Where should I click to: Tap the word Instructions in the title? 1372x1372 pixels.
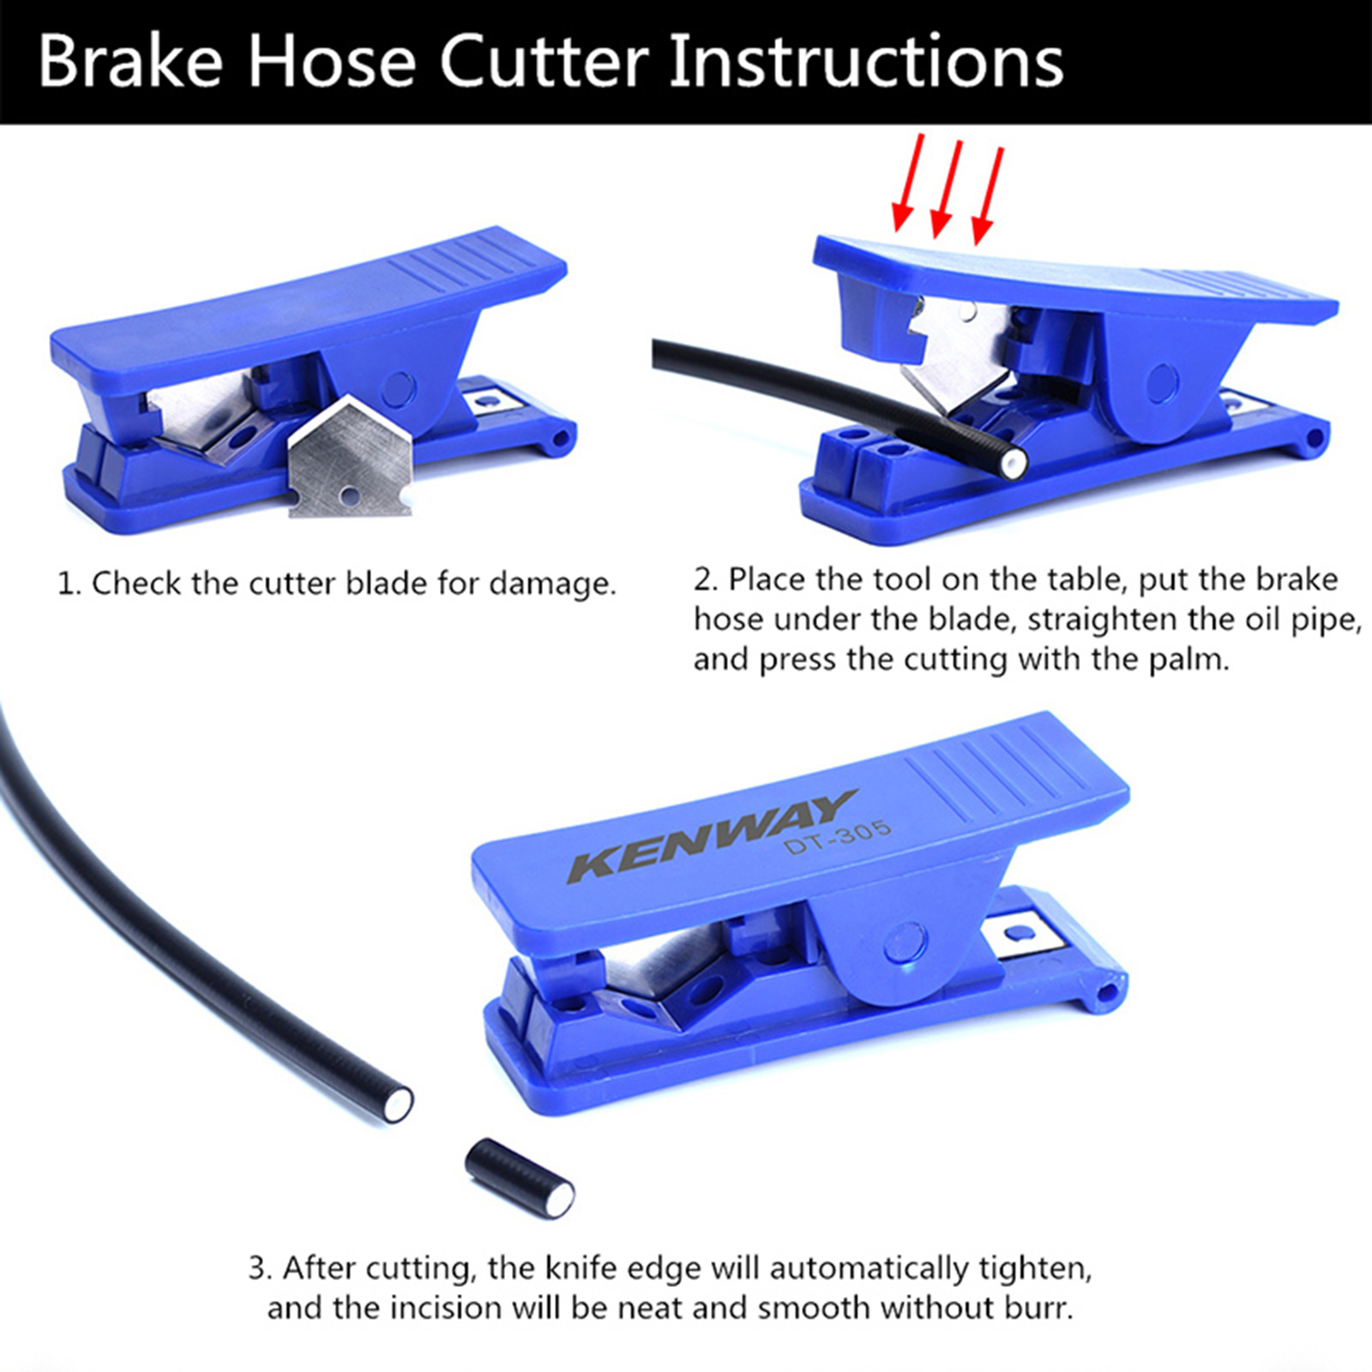pyautogui.click(x=866, y=62)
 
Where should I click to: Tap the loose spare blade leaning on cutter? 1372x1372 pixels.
pyautogui.click(x=349, y=458)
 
